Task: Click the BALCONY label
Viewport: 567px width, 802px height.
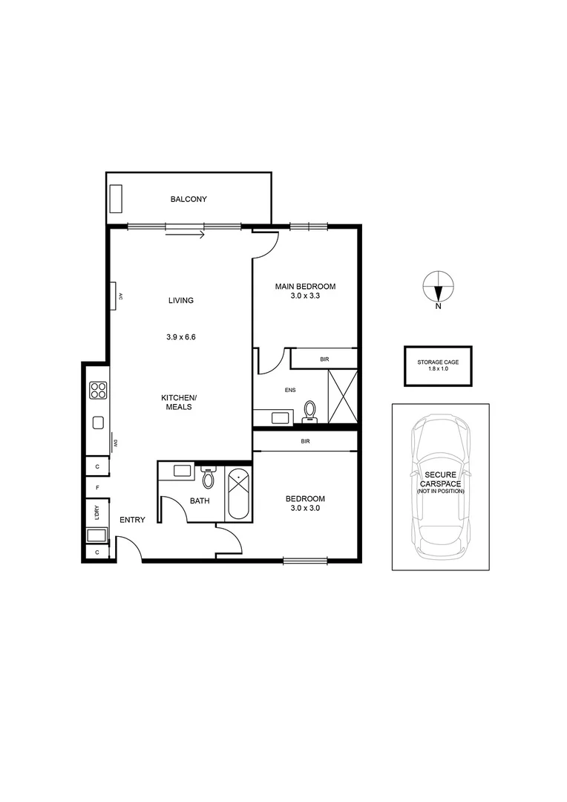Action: point(189,199)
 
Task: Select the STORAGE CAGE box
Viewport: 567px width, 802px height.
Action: point(438,365)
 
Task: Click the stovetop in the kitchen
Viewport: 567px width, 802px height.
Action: point(98,391)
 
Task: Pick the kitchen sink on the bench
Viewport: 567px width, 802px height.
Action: point(98,423)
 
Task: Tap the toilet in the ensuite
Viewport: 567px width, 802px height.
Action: point(310,411)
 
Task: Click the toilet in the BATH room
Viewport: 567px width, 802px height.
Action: point(209,477)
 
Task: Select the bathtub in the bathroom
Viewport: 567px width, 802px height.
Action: point(239,494)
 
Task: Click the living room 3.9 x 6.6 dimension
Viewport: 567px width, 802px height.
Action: point(180,336)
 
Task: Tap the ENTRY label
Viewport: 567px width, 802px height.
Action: point(132,520)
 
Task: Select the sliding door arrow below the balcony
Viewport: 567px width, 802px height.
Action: point(185,236)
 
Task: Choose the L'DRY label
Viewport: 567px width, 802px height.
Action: point(97,512)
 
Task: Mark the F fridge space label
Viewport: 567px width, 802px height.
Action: point(97,487)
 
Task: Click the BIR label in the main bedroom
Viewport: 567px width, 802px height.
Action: point(324,359)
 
